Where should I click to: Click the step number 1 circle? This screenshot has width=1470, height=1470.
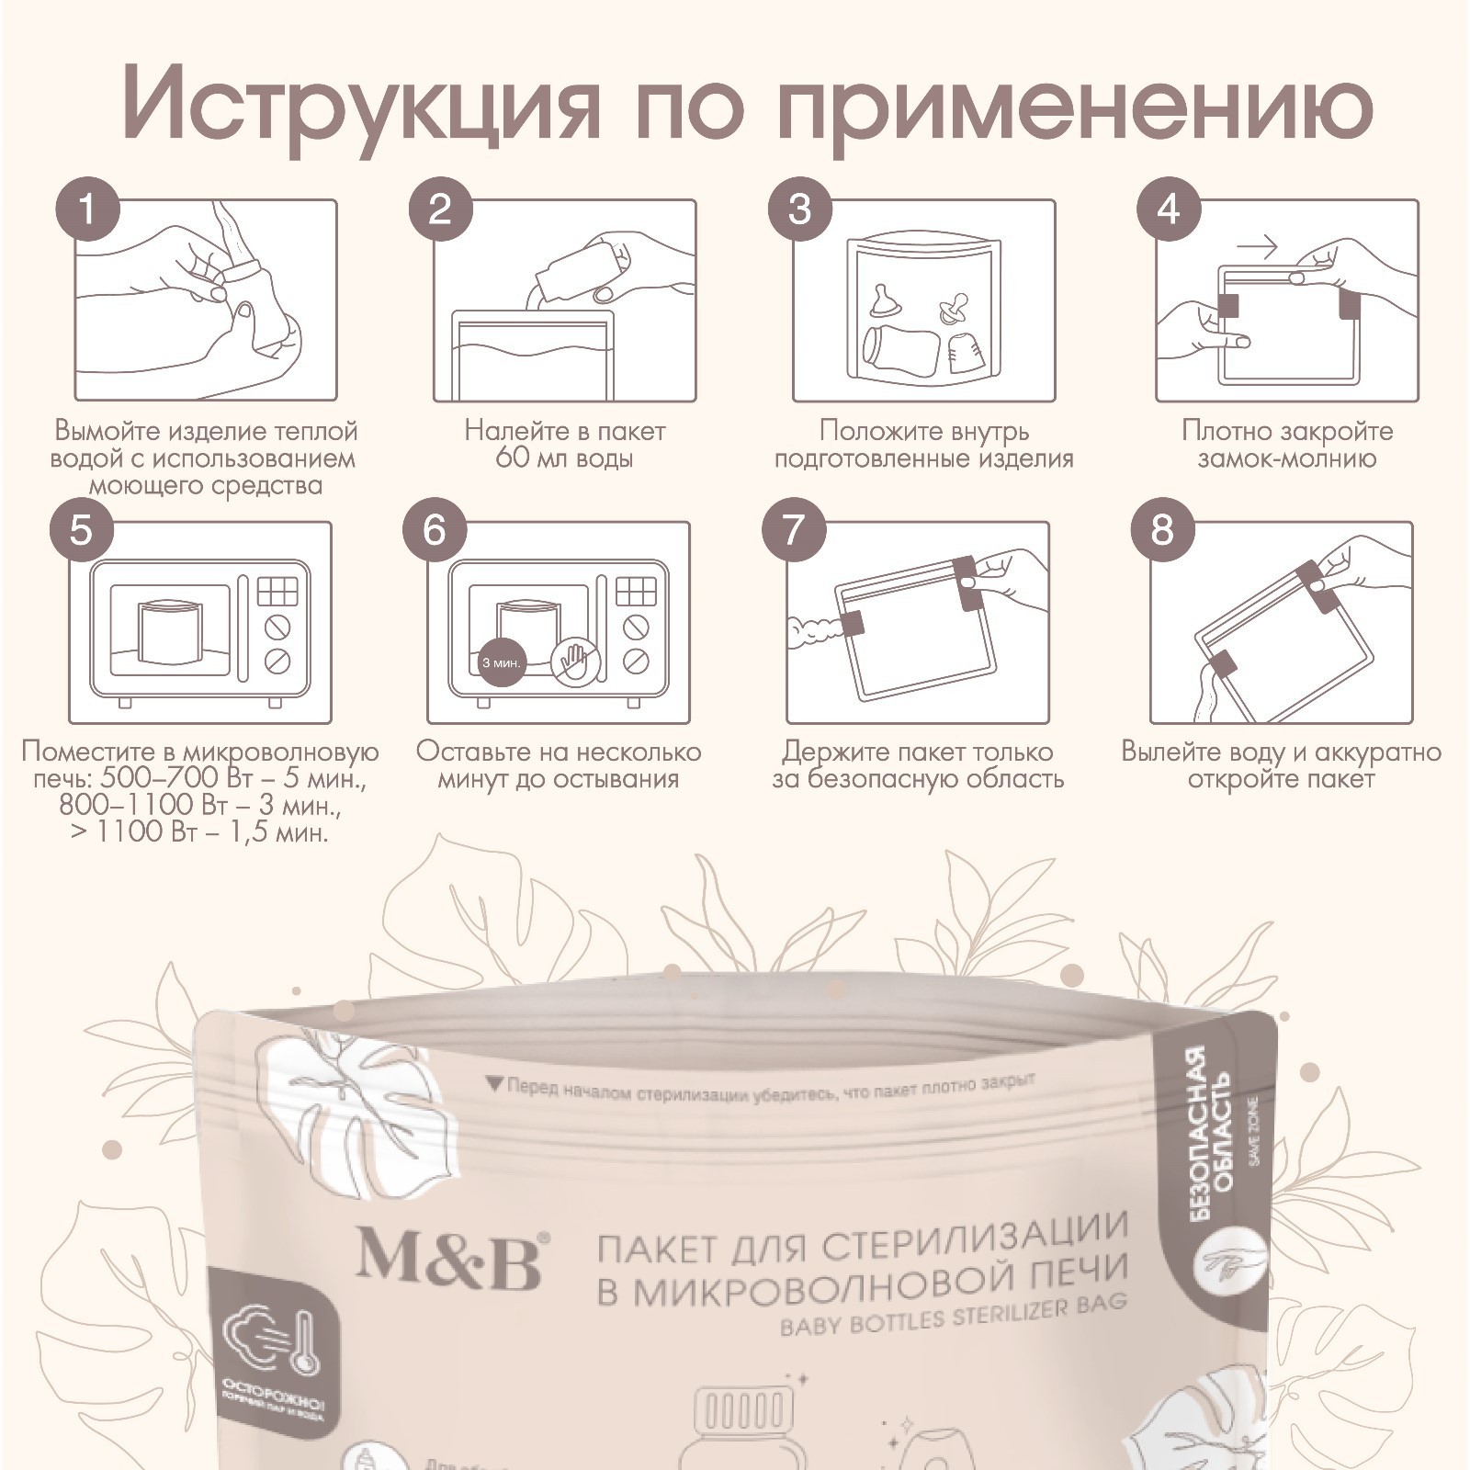[87, 210]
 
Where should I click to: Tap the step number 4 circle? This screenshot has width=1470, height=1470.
[1169, 210]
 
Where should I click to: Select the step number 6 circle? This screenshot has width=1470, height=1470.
[435, 530]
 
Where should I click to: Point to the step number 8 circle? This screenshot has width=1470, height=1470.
[1162, 530]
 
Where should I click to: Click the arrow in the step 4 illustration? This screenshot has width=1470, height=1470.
[1256, 246]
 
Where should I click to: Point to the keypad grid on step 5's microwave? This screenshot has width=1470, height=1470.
[277, 591]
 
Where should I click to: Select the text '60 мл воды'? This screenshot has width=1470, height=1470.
[564, 458]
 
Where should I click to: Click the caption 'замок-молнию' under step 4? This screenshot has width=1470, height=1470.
[1286, 458]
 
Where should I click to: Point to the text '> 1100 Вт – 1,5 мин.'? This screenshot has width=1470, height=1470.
[199, 833]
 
